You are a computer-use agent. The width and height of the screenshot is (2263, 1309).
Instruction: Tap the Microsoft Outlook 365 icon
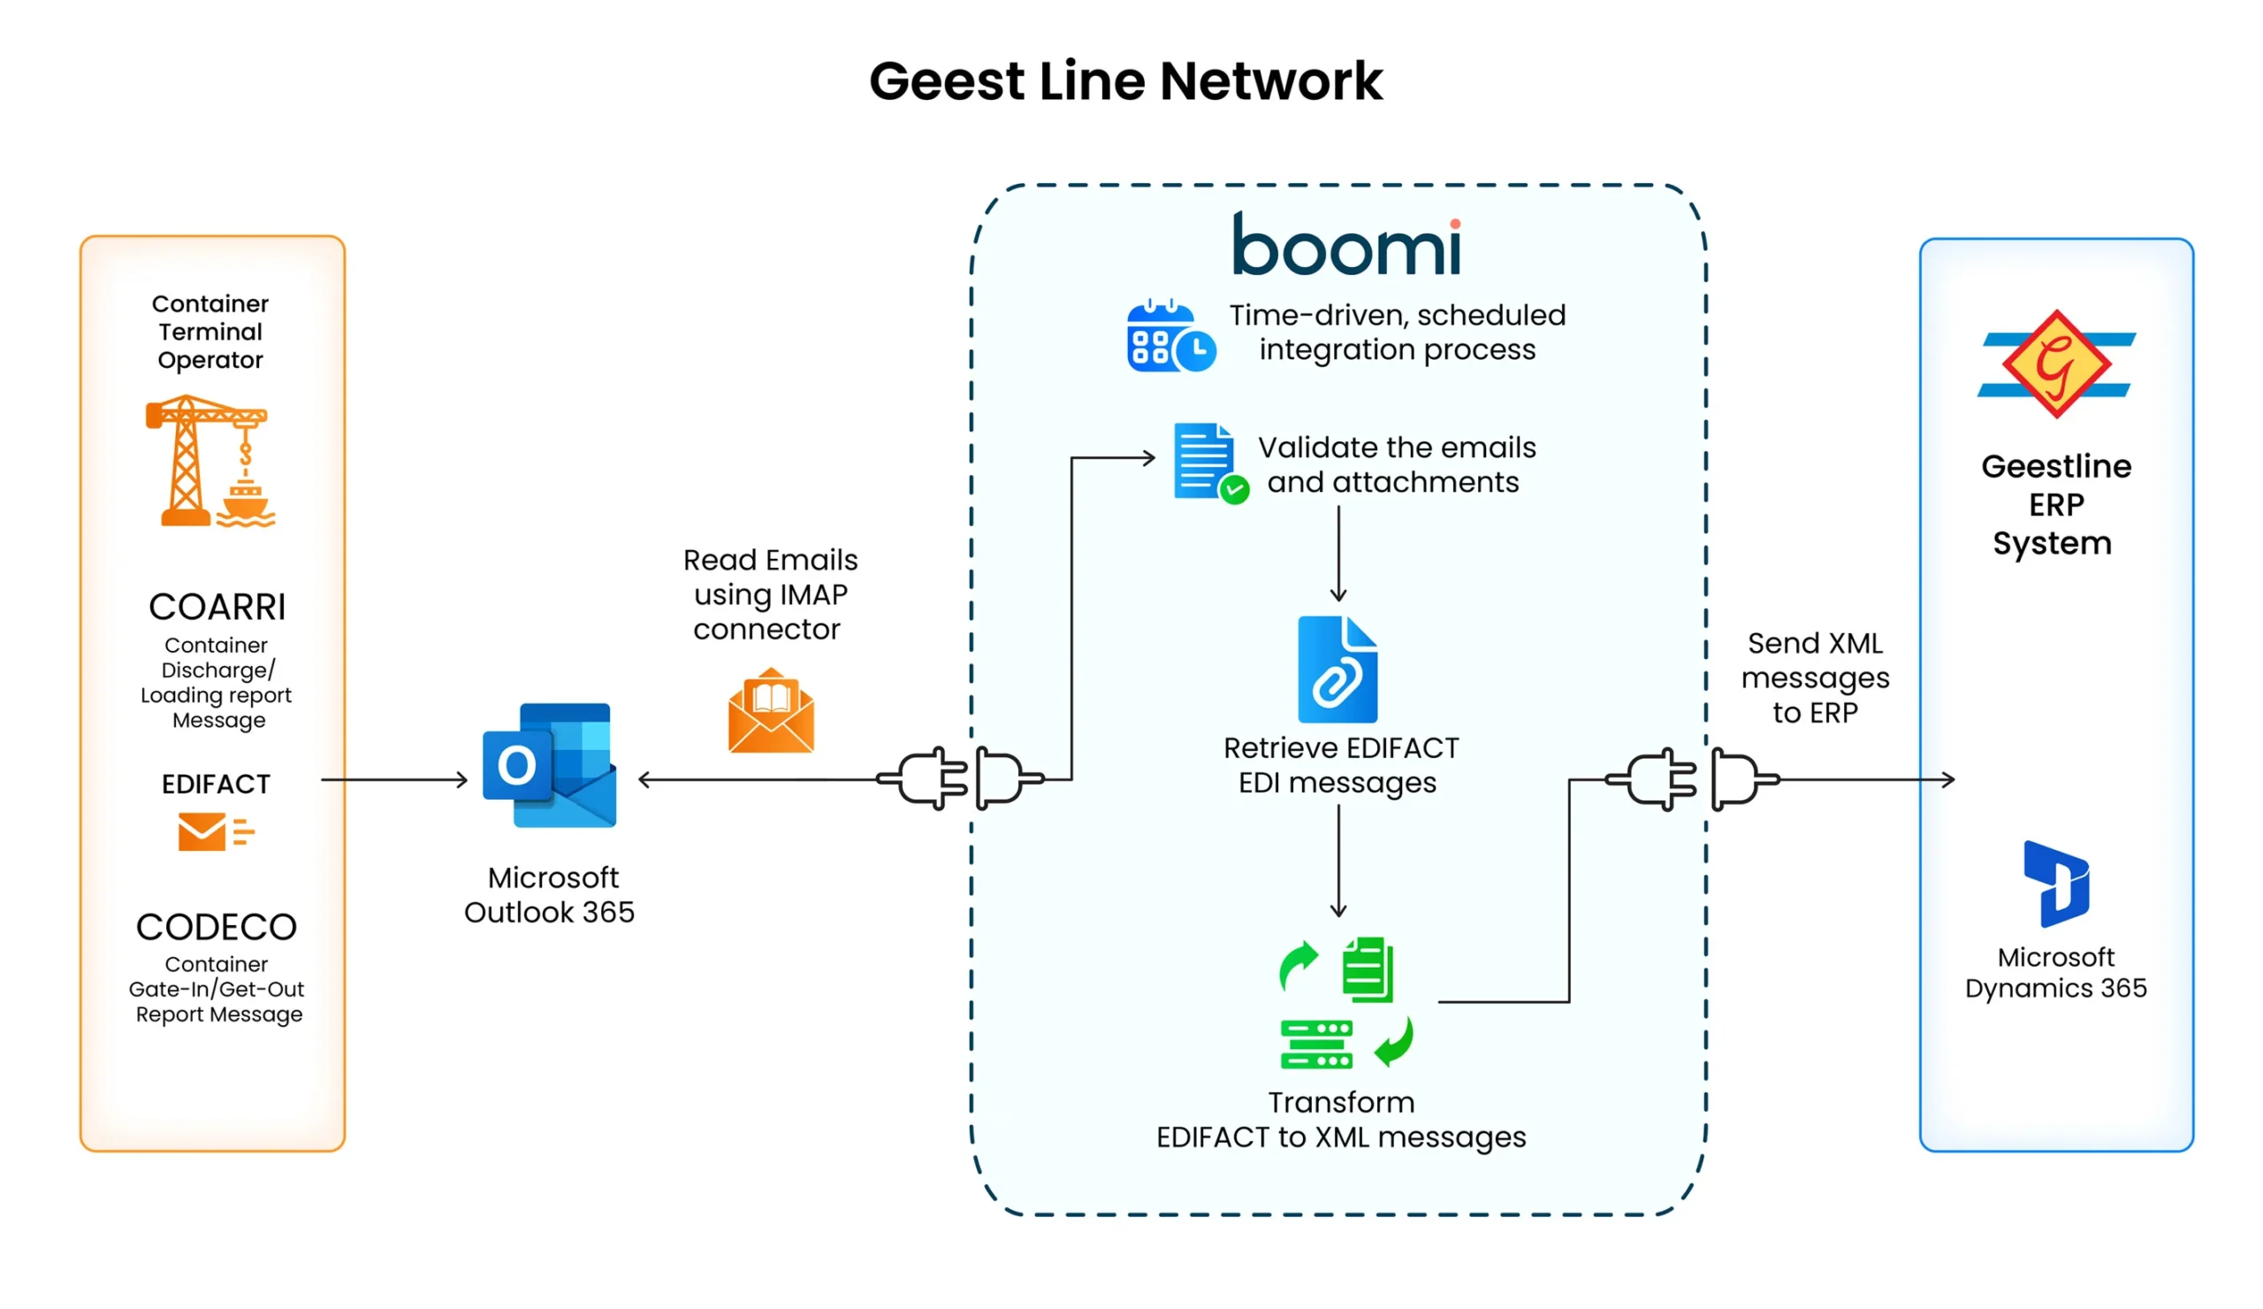click(550, 765)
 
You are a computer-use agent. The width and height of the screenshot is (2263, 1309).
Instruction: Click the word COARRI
click(217, 608)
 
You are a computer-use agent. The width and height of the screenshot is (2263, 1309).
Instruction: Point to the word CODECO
click(217, 927)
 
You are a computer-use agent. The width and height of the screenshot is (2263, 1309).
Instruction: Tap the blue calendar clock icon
click(1170, 337)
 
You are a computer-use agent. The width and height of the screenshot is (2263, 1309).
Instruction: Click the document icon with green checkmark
click(1208, 463)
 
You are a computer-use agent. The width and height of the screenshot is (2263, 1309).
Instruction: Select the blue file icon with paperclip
click(1337, 670)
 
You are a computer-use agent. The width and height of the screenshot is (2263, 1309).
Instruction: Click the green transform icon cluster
click(1345, 1004)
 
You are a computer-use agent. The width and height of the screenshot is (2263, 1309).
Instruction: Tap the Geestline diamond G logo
click(2055, 364)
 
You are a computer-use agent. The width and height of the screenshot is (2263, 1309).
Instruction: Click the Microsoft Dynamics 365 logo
click(2055, 884)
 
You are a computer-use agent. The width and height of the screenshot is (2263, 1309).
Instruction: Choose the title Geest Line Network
click(1125, 80)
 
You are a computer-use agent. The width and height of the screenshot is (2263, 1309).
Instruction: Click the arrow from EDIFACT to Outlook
click(395, 780)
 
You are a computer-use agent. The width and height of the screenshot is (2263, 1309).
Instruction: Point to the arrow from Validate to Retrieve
click(1338, 554)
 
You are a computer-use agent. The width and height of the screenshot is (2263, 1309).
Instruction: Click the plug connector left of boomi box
click(961, 779)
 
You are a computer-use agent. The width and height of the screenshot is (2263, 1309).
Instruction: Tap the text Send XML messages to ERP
click(1815, 678)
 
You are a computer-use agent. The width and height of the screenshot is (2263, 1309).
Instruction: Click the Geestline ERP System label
click(2055, 505)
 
